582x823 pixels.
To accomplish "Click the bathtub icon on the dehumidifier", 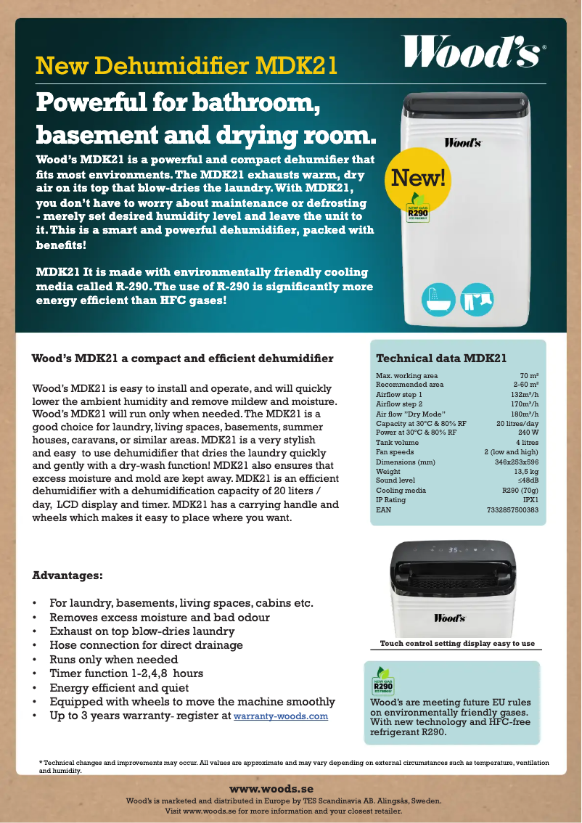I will [x=439, y=298].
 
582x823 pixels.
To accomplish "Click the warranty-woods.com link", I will [x=281, y=717].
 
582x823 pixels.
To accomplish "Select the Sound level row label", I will [x=395, y=480].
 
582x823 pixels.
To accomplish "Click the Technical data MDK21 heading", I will [x=440, y=359].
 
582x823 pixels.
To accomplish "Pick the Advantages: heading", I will [x=67, y=576].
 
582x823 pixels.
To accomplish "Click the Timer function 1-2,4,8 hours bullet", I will [x=126, y=673].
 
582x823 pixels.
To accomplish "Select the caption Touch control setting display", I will [x=457, y=644].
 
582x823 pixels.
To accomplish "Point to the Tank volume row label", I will [x=397, y=443].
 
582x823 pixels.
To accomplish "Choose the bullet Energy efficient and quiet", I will [x=119, y=687].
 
